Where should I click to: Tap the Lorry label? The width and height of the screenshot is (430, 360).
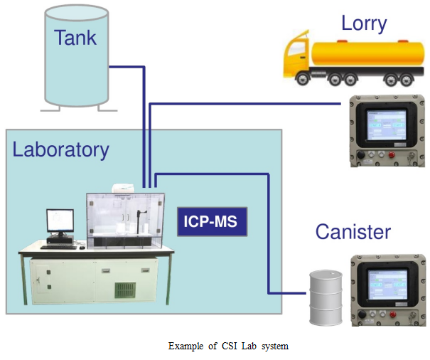[x=363, y=23]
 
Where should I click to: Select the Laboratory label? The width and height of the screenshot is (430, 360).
[x=60, y=150]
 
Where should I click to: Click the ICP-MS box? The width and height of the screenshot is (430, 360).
[x=212, y=223]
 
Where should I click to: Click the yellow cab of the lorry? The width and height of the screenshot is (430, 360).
[x=296, y=55]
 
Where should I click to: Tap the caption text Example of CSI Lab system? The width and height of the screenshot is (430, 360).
[x=228, y=346]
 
